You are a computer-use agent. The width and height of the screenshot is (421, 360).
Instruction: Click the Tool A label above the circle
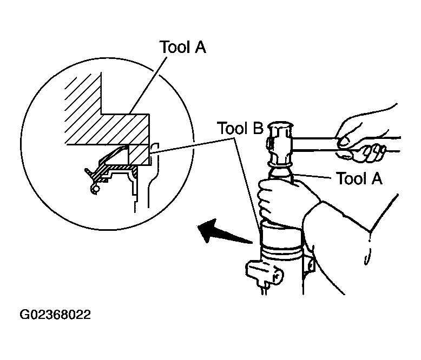182,48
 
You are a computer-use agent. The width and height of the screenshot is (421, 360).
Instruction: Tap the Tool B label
240,130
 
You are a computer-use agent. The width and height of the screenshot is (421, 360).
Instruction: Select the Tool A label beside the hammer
359,178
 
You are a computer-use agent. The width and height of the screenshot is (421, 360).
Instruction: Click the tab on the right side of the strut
310,265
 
